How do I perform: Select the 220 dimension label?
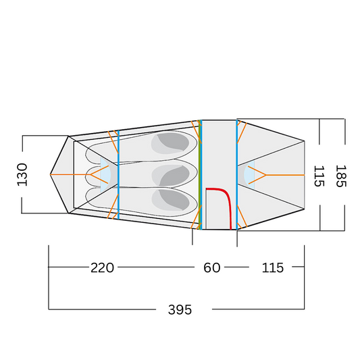(102, 267)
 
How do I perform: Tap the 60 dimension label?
(212, 267)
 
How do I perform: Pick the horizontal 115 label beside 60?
(272, 267)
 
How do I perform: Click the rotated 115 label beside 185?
(319, 176)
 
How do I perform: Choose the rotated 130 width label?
(22, 174)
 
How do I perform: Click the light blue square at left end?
(105, 174)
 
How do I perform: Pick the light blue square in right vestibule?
(251, 175)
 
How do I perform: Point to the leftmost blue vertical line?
(118, 174)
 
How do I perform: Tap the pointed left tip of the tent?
(51, 174)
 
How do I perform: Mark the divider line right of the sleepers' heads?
(201, 174)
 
